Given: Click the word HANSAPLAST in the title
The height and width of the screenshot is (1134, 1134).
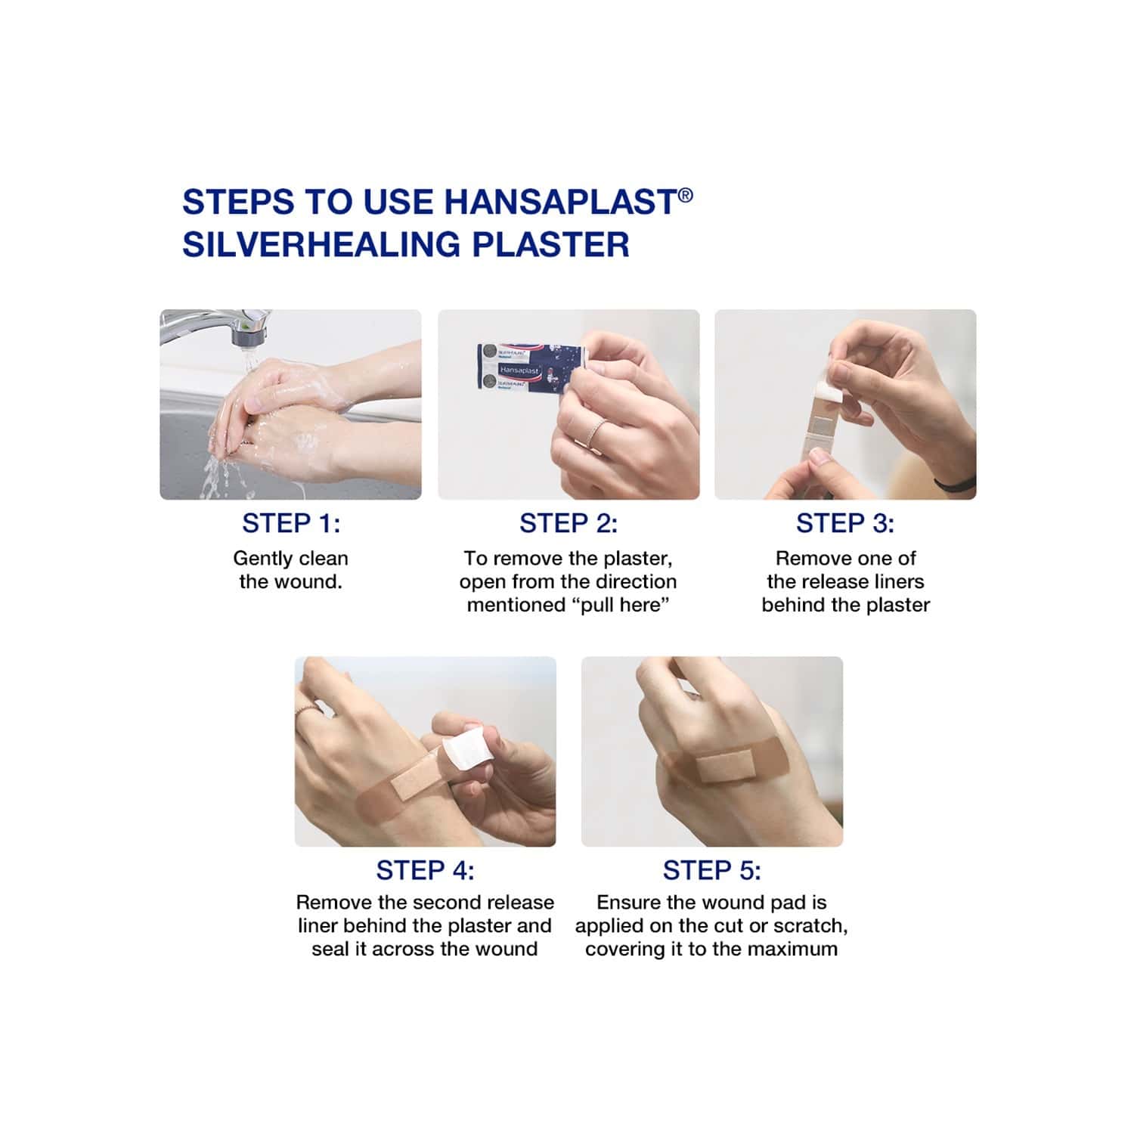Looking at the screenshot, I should [x=559, y=203].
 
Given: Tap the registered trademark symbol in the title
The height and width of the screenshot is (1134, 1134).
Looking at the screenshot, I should [x=685, y=195].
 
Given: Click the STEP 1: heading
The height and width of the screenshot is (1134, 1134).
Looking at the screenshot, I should [x=290, y=523].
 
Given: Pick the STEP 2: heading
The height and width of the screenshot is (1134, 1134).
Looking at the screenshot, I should [x=568, y=523].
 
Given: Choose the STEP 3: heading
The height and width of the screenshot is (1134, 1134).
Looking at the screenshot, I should [x=844, y=523].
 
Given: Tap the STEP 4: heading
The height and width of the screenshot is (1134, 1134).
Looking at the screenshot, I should [x=425, y=870].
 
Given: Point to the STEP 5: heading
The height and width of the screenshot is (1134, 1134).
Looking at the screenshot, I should [x=711, y=870].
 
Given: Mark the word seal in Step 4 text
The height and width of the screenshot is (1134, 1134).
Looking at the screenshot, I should [x=330, y=950].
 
